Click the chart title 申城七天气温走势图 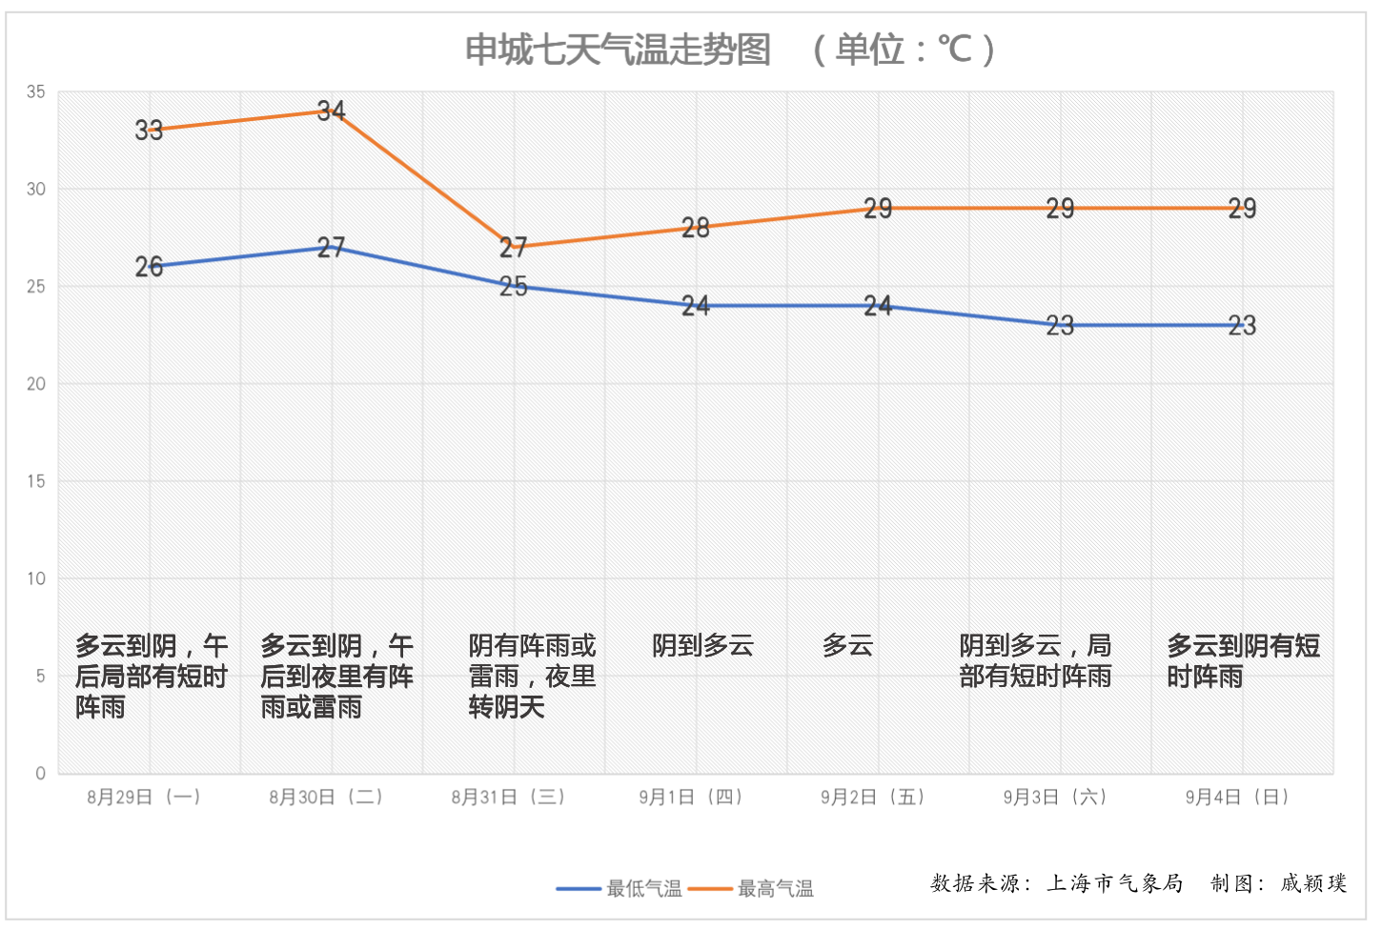coord(618,50)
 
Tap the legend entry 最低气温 coord(643,889)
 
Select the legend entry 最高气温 coord(775,889)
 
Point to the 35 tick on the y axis coord(36,92)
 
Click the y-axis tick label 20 coord(36,384)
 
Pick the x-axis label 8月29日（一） coord(144,798)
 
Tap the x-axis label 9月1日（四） coord(691,798)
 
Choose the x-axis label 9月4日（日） coord(1237,798)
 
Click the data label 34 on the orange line coord(331,111)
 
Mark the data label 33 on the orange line coord(149,131)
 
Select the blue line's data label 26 coord(149,267)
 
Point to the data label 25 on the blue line coord(514,287)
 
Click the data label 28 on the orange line coord(696,228)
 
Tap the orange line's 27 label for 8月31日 coord(514,248)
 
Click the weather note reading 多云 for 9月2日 coord(847,646)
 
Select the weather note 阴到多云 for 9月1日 coord(703,646)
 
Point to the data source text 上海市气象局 coord(1115,883)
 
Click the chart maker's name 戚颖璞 coord(1313,883)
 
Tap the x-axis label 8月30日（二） coord(326,798)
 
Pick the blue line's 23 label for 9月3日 coord(1060,326)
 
